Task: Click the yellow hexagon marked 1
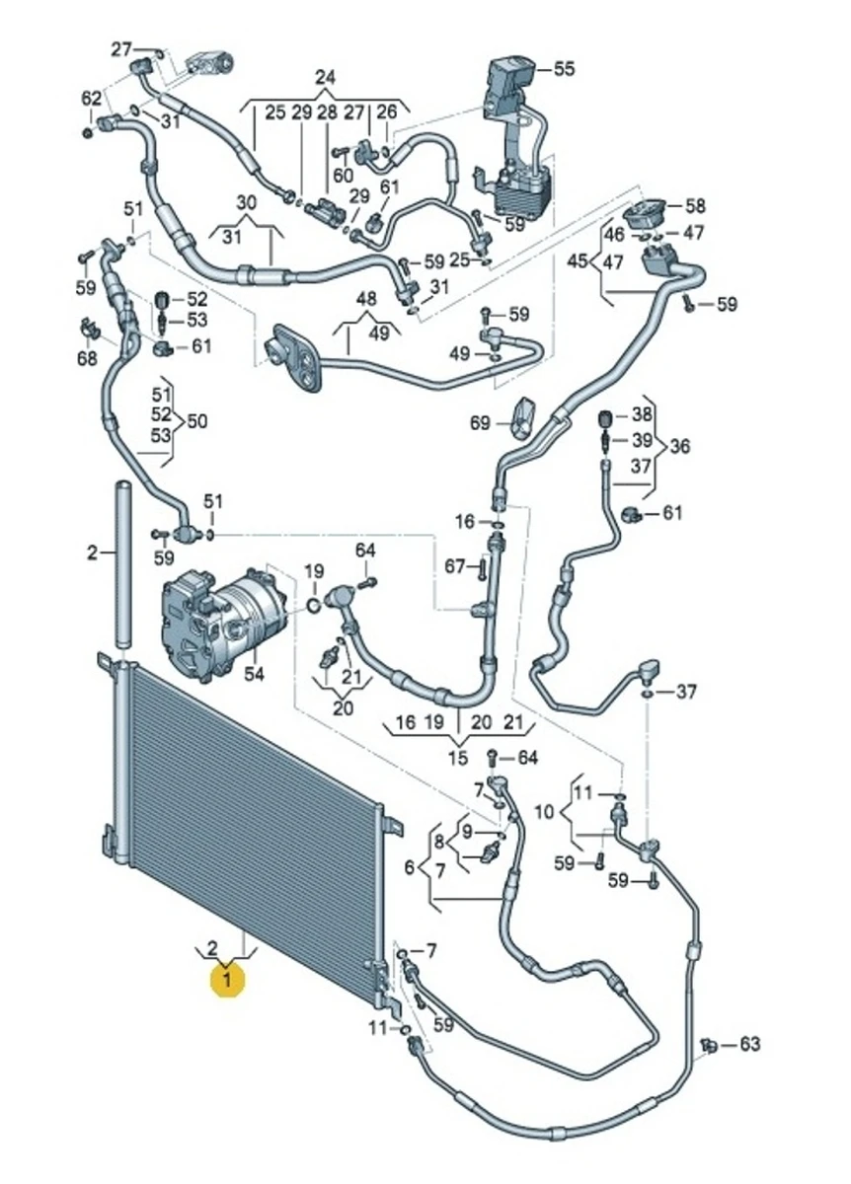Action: pos(228,980)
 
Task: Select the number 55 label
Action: pos(564,69)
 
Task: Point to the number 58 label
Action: pos(696,206)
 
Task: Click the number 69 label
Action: pos(480,423)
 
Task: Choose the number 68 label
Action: pos(88,358)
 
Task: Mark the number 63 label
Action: pos(750,1043)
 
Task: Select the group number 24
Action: pos(326,77)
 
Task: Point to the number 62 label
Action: pos(91,98)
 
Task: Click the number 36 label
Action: pos(680,446)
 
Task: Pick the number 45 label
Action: pos(577,261)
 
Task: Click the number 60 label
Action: pos(343,175)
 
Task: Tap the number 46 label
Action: pos(614,234)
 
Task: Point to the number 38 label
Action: pos(643,414)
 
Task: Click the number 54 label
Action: pos(255,674)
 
